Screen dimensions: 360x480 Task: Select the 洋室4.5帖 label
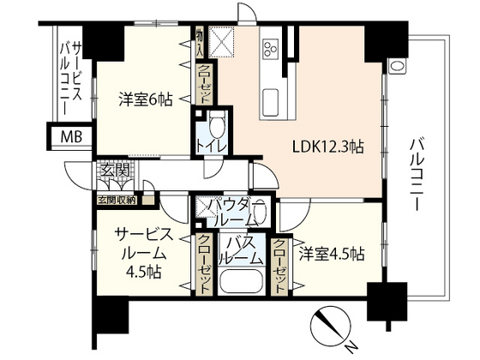pyautogui.click(x=332, y=254)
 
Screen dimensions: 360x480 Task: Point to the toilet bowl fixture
pyautogui.click(x=214, y=124)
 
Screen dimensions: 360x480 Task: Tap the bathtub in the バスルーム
pyautogui.click(x=243, y=282)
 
